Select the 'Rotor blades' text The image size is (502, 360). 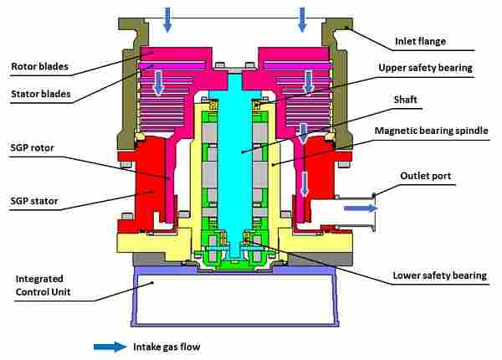tap(38, 66)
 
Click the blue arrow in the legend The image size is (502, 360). tap(110, 345)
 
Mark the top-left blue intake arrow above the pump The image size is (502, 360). tap(167, 18)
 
